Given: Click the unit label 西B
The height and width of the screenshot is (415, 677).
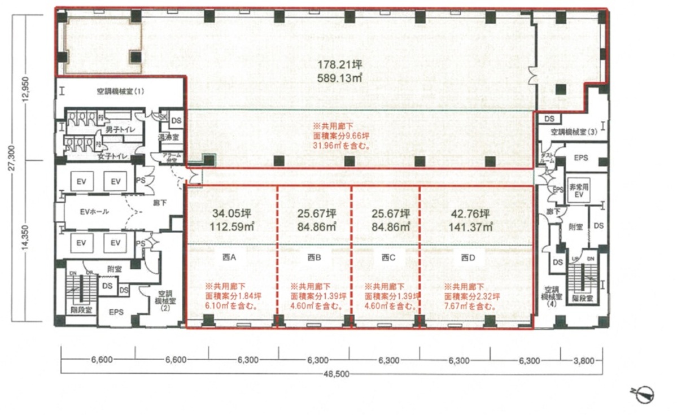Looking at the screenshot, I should tap(314, 257).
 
